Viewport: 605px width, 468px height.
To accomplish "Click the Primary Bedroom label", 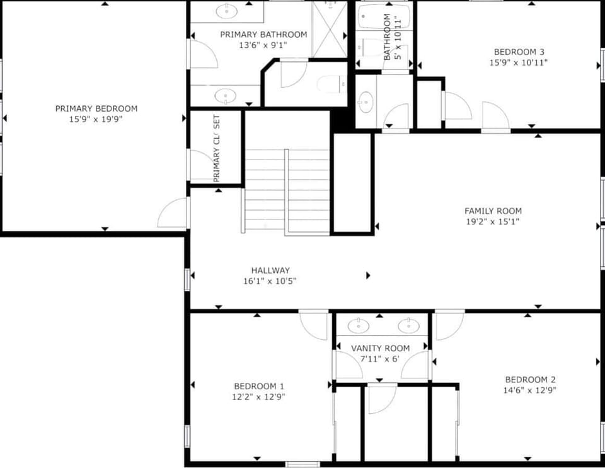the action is pos(96,108).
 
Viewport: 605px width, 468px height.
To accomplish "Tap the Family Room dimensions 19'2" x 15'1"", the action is pos(493,221).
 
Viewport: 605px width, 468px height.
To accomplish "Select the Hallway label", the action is pos(270,271).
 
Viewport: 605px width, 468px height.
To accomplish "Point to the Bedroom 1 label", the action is pos(259,386).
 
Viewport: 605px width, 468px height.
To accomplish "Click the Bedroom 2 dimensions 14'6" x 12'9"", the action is pos(529,390).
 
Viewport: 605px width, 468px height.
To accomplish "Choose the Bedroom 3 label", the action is pos(519,52).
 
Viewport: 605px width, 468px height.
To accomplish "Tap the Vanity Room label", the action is pos(380,348).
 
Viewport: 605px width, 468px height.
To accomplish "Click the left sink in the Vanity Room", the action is pos(359,325).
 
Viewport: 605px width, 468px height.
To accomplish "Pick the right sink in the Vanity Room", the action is pos(408,325).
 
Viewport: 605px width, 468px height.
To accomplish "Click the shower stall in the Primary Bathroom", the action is pos(330,30).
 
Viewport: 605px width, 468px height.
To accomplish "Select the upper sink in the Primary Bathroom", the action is pos(226,11).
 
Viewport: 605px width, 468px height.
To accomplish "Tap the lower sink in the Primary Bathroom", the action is pos(226,96).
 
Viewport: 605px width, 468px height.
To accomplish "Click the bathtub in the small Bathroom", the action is pos(384,18).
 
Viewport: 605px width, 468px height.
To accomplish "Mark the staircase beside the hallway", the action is pos(287,192).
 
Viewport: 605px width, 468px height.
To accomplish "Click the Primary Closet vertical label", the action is pos(216,148).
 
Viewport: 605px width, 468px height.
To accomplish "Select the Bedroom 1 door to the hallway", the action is pos(314,325).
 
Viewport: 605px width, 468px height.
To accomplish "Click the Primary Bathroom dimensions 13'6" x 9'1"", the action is pos(263,45).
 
